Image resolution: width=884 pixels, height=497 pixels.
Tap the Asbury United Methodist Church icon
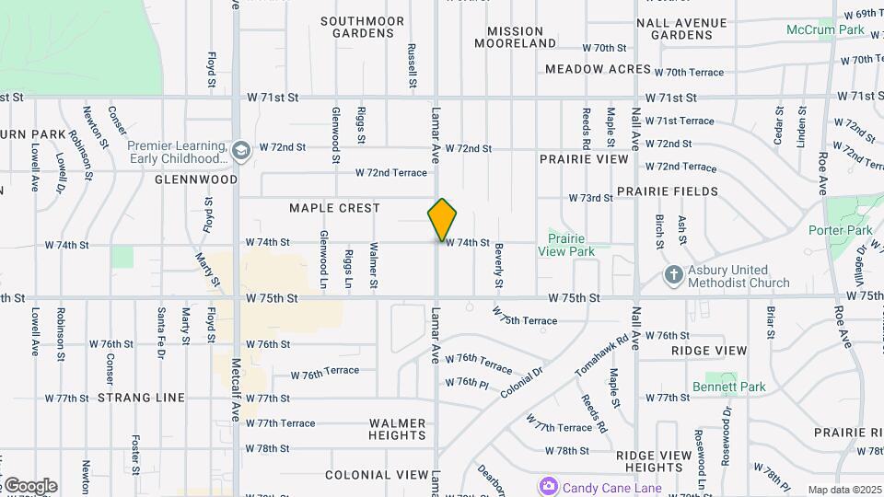673,275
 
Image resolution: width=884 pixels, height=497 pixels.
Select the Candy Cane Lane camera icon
549,485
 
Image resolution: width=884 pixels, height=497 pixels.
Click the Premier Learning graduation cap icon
241,150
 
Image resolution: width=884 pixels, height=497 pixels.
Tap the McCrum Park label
825,29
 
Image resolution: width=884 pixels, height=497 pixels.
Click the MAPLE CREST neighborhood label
334,208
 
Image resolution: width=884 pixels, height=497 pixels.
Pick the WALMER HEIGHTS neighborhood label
398,430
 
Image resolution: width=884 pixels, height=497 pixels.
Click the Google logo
29,485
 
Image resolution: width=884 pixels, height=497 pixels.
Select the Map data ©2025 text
844,490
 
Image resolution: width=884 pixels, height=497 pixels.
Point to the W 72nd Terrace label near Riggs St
391,173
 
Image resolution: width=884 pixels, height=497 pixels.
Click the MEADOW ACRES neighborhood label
598,69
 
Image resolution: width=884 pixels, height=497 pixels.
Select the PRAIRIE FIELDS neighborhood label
668,191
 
